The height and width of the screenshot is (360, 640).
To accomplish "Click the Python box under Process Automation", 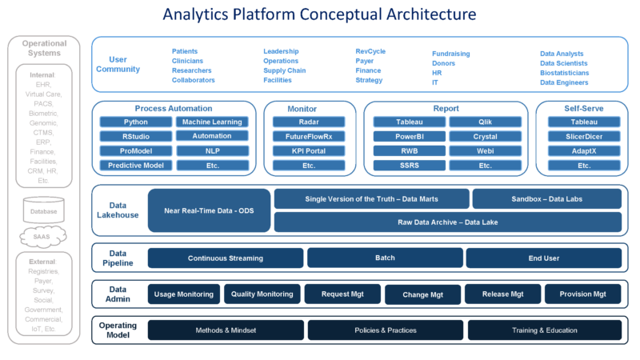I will [x=135, y=122].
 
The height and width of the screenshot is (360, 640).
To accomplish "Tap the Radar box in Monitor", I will [x=309, y=122].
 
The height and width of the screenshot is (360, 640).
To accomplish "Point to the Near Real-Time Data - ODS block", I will [x=209, y=210].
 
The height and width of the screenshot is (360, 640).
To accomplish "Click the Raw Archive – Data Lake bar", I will [x=447, y=222].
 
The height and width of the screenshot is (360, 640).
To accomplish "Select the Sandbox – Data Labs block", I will [x=546, y=198].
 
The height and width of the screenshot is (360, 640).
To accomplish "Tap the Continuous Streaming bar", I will [x=225, y=258].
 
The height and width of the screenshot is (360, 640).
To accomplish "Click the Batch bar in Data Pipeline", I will [x=385, y=258].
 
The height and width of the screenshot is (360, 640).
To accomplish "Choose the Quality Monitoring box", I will [x=262, y=294].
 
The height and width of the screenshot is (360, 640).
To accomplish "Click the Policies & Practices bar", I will [x=385, y=330].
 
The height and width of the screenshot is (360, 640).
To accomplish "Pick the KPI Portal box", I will [x=309, y=151].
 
